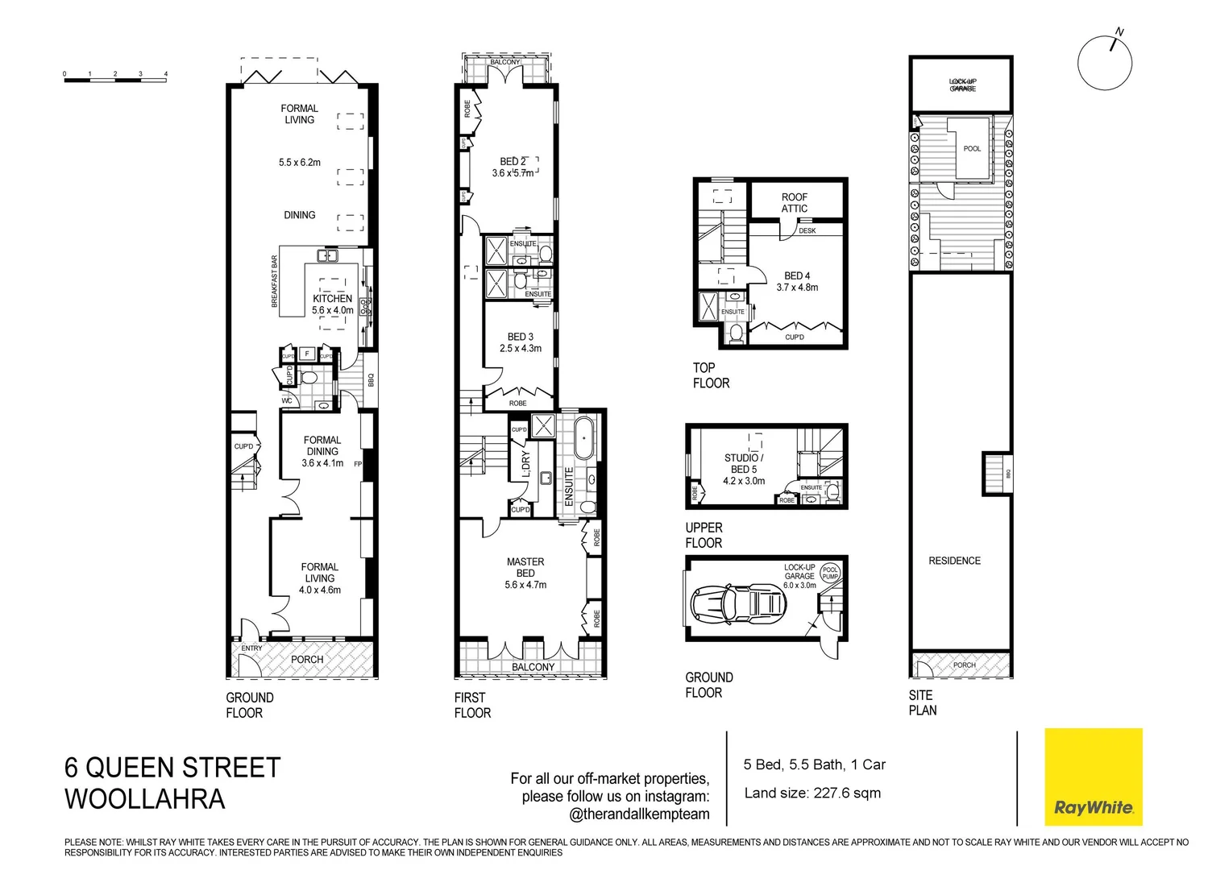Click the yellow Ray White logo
(1093, 777)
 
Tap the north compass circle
(1105, 63)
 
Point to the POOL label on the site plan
(972, 148)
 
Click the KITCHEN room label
(332, 298)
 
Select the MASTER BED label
(525, 567)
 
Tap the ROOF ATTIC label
(794, 202)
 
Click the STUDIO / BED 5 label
(743, 463)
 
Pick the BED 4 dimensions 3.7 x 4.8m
(797, 288)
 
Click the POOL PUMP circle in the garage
(830, 573)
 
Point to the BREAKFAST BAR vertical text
(274, 281)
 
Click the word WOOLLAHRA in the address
(145, 799)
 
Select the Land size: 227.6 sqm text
(812, 793)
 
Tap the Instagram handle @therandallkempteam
(639, 814)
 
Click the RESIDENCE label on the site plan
(954, 561)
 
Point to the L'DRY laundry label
(526, 464)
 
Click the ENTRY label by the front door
(251, 648)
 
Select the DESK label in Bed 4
(807, 231)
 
